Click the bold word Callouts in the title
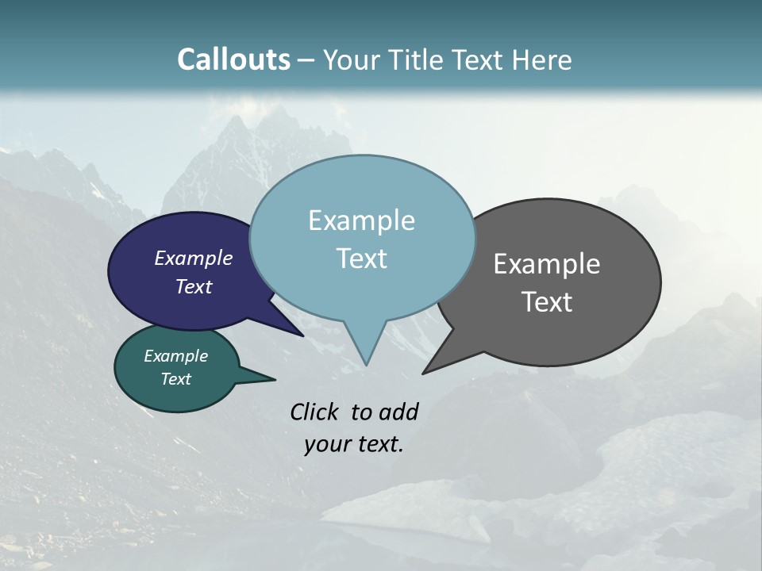point(233,59)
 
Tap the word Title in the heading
point(418,59)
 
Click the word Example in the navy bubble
point(193,258)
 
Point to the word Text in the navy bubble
point(193,286)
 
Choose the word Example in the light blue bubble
point(361,220)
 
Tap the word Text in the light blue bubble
point(361,259)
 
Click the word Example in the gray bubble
point(547,264)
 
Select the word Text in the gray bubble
point(547,301)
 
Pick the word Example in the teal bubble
point(175,356)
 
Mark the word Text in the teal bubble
point(175,379)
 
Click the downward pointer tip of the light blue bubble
point(366,364)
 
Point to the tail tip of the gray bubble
point(424,372)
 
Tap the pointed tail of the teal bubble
point(274,379)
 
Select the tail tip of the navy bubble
point(302,335)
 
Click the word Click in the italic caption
point(316,412)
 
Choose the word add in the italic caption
point(398,412)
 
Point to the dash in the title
point(307,59)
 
